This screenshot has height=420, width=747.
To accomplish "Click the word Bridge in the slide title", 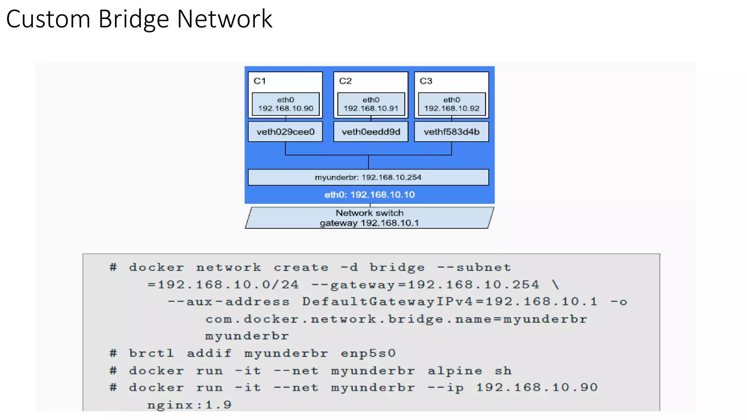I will (133, 19).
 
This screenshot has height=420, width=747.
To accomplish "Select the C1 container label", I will (260, 81).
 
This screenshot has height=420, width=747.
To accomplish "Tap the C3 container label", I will (426, 81).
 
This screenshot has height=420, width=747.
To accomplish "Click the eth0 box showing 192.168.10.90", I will (286, 104).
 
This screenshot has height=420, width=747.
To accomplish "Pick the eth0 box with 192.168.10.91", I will (371, 104).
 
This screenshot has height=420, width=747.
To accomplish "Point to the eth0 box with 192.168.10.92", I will (452, 104).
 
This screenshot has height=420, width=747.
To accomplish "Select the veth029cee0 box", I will (285, 132).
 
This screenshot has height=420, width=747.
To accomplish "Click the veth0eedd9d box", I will (371, 132).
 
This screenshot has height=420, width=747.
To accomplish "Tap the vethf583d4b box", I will (452, 132).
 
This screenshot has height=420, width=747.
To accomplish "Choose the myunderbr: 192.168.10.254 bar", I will (368, 177).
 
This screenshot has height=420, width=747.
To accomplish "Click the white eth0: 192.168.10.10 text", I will (369, 195).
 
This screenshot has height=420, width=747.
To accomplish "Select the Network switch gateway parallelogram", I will (369, 218).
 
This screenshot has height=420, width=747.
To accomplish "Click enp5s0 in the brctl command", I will (368, 354).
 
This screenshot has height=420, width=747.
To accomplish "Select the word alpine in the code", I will (455, 371).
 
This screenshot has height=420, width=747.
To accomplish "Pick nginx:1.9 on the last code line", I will (189, 405).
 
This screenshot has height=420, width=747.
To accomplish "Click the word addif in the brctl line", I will (209, 354).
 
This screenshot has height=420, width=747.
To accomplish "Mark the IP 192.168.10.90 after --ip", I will (537, 388).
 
